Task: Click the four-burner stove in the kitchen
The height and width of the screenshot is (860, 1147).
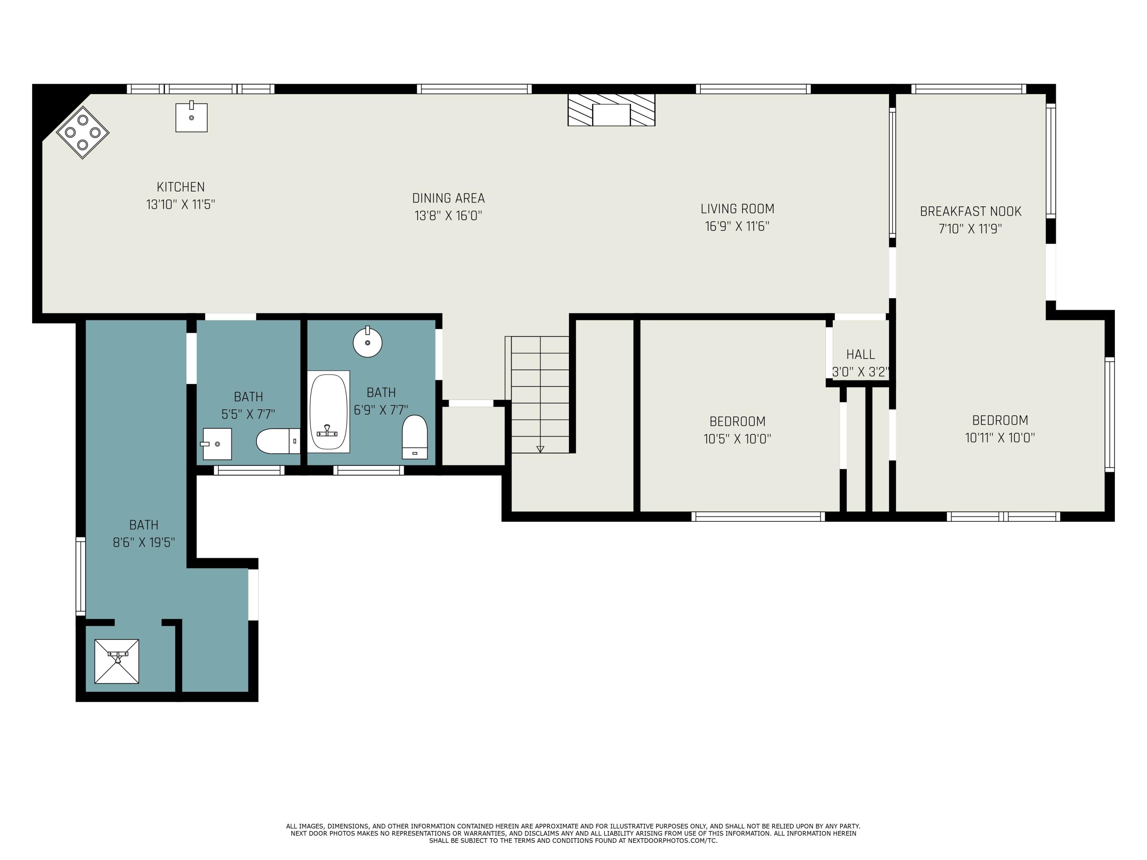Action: (83, 132)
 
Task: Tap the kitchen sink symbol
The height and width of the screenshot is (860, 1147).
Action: (191, 118)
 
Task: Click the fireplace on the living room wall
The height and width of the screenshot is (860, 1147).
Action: (611, 110)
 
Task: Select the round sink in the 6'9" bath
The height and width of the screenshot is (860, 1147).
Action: (368, 342)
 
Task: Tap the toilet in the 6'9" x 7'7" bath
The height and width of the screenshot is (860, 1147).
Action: (415, 437)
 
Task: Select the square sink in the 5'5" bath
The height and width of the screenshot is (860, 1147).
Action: (217, 444)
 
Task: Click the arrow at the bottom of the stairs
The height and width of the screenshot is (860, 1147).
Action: (540, 449)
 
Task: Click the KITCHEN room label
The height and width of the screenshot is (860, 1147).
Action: (180, 187)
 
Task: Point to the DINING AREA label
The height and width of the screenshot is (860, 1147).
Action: (448, 198)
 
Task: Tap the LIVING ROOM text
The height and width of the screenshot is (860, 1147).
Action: (738, 209)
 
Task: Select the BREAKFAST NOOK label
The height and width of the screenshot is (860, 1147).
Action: (971, 211)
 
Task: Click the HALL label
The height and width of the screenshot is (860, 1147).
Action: (861, 355)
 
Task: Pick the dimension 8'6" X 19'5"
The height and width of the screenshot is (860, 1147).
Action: (144, 543)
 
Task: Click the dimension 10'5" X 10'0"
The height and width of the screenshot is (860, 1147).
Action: (738, 439)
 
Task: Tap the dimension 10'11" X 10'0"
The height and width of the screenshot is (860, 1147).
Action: (1000, 438)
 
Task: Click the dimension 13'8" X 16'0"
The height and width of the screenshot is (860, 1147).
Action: (448, 216)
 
